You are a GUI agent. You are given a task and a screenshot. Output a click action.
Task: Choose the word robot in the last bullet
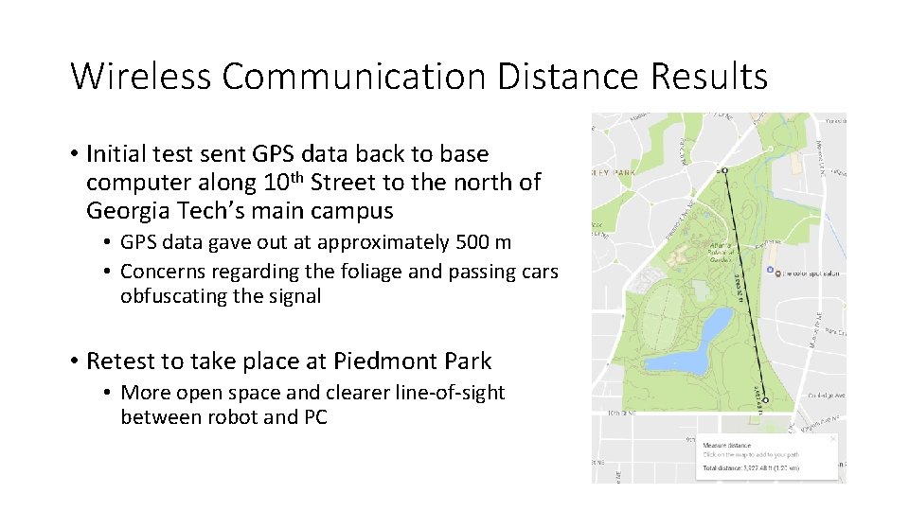(234, 417)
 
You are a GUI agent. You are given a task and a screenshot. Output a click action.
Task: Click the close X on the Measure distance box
(832, 439)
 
